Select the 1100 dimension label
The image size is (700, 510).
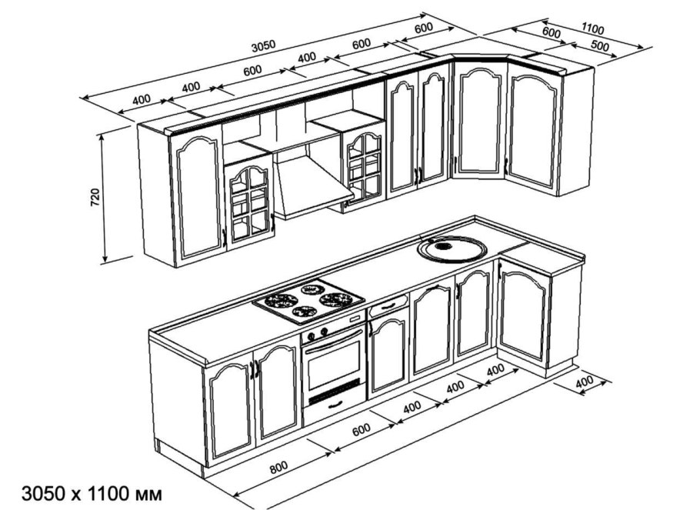click(x=592, y=29)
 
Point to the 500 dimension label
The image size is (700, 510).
click(x=600, y=46)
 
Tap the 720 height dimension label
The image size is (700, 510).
click(x=95, y=197)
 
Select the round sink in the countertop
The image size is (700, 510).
click(x=451, y=248)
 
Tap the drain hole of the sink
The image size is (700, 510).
click(x=442, y=247)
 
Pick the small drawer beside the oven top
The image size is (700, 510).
click(x=389, y=306)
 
